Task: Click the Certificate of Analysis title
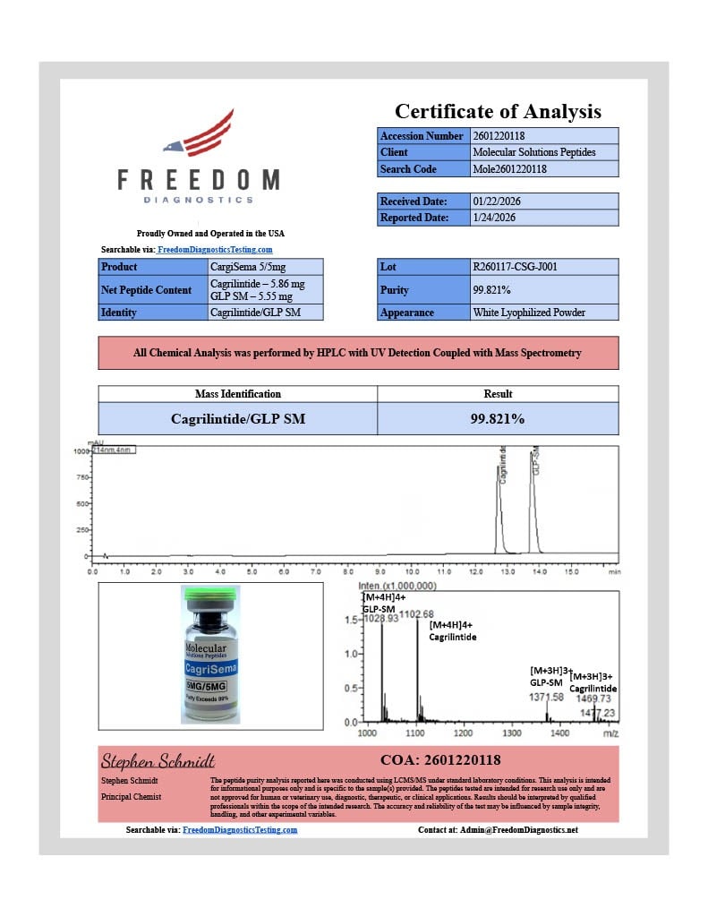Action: point(498,112)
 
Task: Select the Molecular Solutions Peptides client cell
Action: point(533,152)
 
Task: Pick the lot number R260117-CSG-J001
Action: point(515,267)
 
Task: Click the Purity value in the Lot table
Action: point(491,290)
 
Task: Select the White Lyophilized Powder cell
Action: point(531,313)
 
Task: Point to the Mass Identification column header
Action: point(237,394)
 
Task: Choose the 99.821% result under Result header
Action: point(498,418)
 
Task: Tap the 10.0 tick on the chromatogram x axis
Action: point(412,570)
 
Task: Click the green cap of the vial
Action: point(210,594)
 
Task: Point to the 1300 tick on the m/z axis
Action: point(511,733)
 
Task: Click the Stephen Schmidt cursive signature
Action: point(158,761)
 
